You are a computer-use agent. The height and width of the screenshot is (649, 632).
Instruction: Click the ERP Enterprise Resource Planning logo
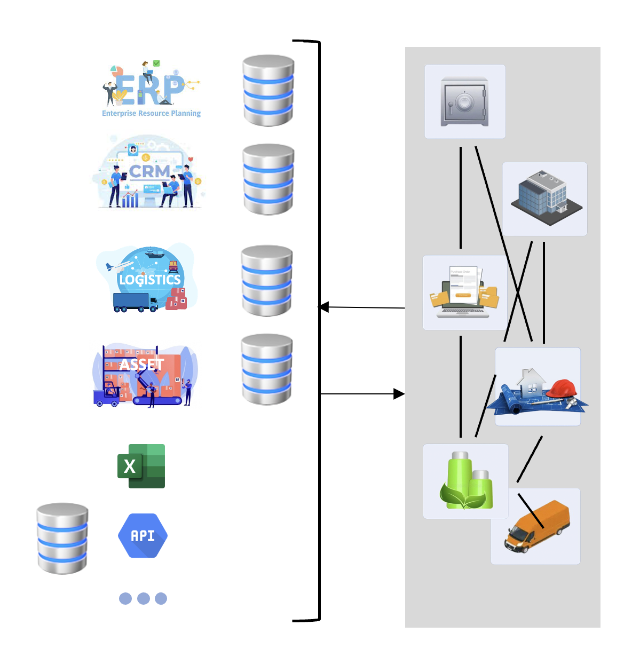pos(151,89)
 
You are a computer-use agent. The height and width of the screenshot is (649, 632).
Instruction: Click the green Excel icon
pos(141,466)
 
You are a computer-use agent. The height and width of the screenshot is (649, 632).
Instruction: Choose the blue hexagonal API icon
pos(143,535)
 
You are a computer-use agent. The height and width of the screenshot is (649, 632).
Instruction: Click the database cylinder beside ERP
pos(268,91)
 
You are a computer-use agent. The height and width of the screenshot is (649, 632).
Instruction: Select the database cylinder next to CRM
pos(268,179)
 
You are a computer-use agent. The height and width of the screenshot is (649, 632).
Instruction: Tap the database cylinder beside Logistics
pos(267,281)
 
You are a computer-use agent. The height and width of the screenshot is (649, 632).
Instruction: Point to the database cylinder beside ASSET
pos(267,369)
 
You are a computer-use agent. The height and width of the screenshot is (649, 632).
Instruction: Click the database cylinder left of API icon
pos(62,538)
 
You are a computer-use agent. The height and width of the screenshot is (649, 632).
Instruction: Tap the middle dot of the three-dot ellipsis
pos(143,598)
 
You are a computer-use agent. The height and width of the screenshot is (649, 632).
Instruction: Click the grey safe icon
pos(464,101)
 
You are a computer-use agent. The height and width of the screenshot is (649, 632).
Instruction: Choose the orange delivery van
pos(537,526)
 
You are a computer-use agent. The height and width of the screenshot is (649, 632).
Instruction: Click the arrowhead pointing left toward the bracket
pos(323,307)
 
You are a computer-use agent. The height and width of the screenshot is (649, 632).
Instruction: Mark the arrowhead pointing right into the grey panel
pos(399,394)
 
